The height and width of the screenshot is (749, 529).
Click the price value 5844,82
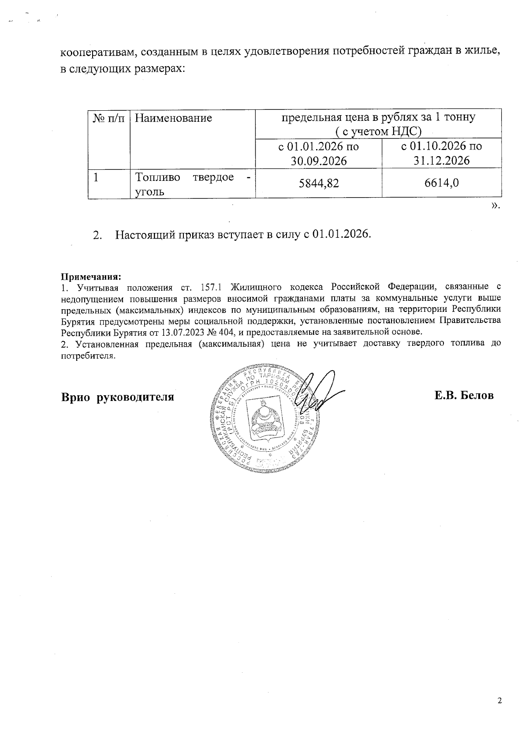[x=319, y=183]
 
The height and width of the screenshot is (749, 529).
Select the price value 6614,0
[x=441, y=183]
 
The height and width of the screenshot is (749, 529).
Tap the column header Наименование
[x=173, y=118]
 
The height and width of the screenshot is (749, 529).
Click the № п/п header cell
[x=109, y=118]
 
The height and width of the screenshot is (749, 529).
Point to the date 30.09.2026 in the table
[x=318, y=161]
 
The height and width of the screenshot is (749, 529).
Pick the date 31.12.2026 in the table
[x=441, y=161]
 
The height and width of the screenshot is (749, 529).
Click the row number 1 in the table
[x=95, y=177]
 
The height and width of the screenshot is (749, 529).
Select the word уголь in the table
[x=150, y=192]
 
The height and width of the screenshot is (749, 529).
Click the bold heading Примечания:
[x=90, y=277]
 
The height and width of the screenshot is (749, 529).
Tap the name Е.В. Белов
[x=464, y=396]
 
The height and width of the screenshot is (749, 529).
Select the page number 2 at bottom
[x=499, y=701]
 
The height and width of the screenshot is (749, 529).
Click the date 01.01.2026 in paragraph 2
[x=341, y=234]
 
